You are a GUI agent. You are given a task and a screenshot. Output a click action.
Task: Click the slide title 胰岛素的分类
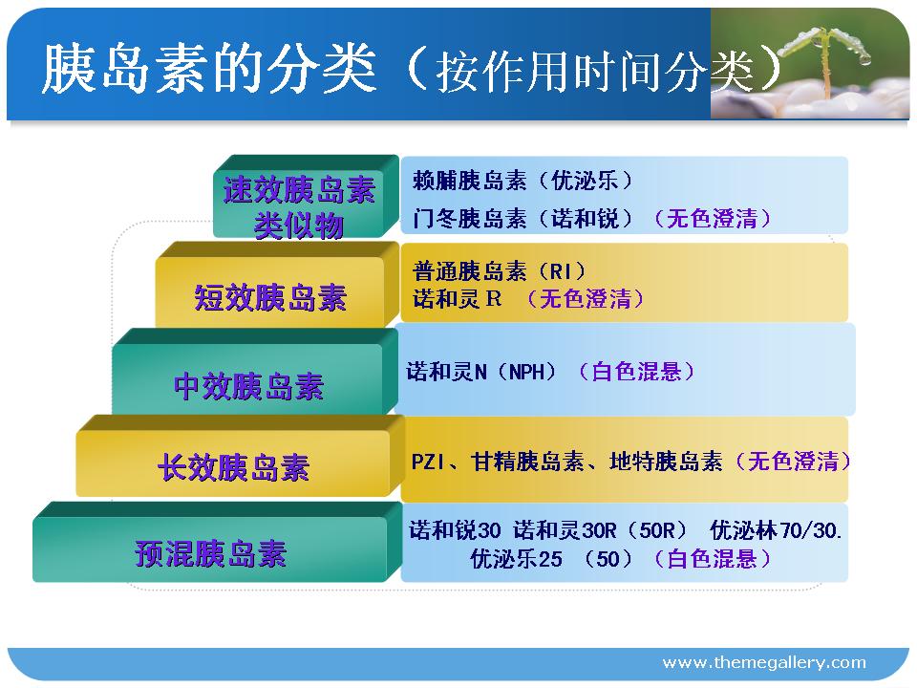coord(209,69)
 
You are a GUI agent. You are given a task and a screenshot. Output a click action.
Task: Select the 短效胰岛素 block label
coord(270,297)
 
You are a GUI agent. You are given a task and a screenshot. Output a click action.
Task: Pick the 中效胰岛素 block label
coord(248,386)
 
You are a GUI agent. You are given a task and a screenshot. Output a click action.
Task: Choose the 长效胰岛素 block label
coord(233,467)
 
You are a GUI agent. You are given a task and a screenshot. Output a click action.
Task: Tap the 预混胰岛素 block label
coord(210,553)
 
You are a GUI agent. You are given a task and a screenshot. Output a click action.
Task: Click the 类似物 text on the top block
coord(299,226)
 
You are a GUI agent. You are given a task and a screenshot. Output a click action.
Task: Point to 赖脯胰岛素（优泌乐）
coord(522,181)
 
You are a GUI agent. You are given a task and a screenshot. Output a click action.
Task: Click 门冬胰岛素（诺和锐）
coord(522,218)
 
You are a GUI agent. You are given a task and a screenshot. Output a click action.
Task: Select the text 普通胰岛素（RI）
coord(499,270)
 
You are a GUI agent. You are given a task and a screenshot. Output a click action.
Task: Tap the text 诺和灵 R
coord(457,298)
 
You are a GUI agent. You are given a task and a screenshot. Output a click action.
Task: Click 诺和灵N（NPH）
coord(480,372)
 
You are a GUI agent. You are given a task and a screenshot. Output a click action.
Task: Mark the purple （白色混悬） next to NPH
coord(636,372)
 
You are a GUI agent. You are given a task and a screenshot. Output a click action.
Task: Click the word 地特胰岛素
coord(666,462)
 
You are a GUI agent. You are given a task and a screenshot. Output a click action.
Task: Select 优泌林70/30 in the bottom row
coord(776,530)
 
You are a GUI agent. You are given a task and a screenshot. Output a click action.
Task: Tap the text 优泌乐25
coord(517,559)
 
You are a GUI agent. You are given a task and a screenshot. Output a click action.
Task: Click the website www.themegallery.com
coord(764,663)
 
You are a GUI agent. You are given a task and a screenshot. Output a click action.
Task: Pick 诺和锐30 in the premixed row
coord(455,530)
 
